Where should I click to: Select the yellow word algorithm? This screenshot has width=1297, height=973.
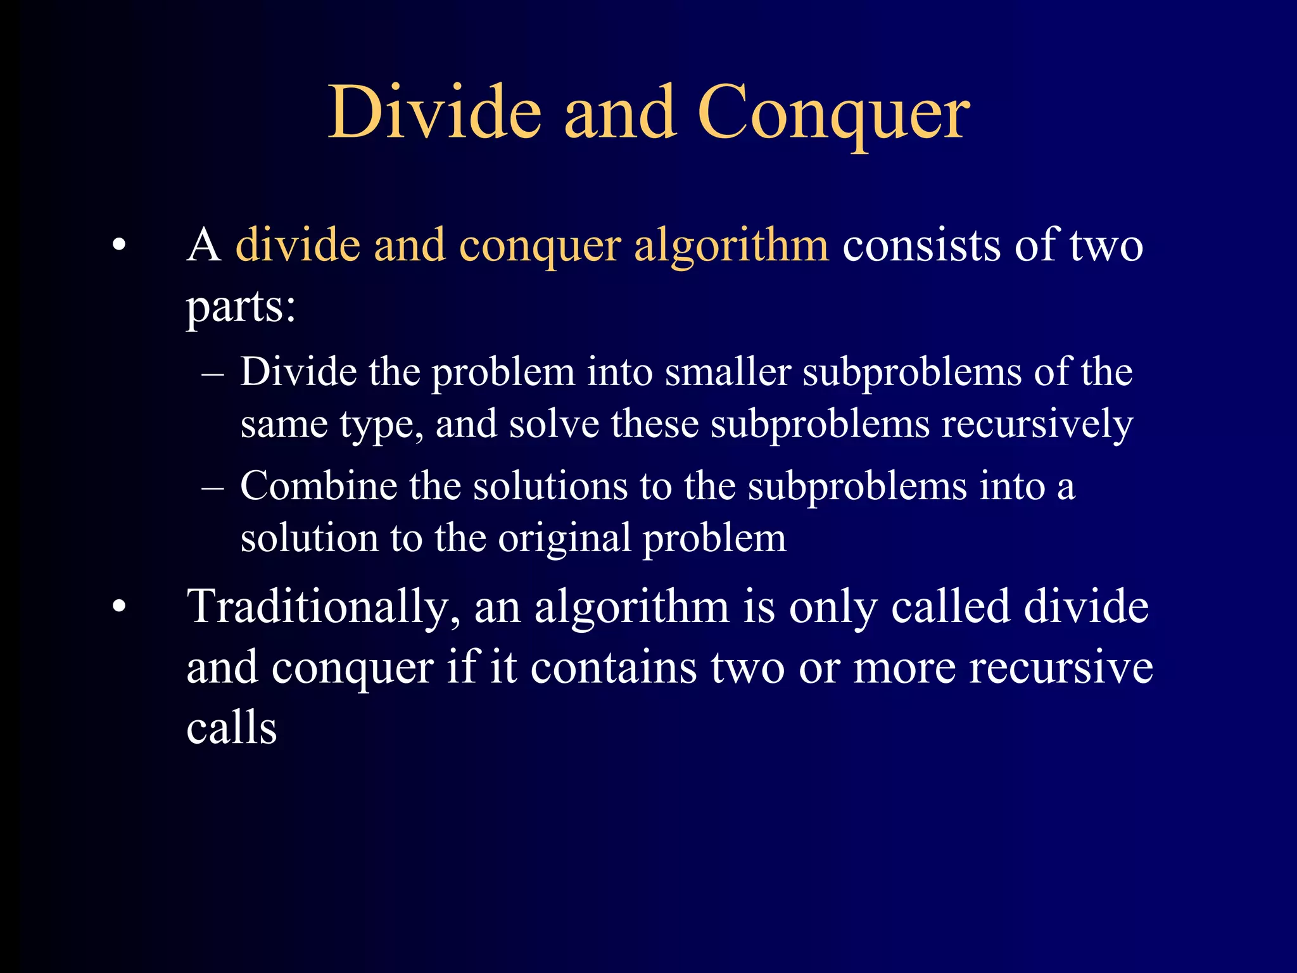tap(731, 246)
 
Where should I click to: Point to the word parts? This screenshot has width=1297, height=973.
tap(241, 308)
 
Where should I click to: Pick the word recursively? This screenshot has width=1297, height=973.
tap(1037, 424)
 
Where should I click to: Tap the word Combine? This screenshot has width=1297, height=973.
tap(318, 486)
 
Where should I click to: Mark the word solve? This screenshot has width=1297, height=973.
tap(554, 424)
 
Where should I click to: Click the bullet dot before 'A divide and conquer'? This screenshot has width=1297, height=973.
tap(119, 246)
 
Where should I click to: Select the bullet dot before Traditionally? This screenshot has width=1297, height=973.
tap(119, 607)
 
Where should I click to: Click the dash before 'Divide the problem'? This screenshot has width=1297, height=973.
tap(213, 373)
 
